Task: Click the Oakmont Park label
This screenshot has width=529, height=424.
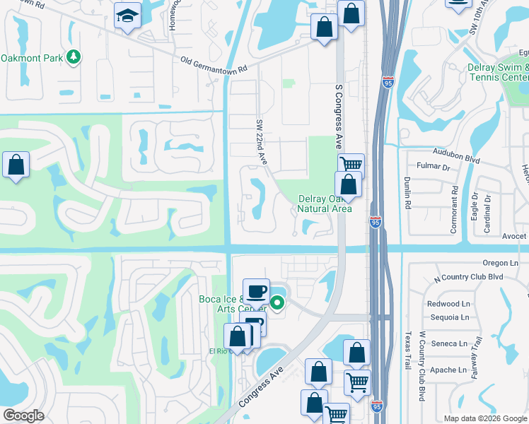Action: [31, 57]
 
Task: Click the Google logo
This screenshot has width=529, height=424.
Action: [23, 416]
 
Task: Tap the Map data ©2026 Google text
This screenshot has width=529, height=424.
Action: [484, 418]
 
